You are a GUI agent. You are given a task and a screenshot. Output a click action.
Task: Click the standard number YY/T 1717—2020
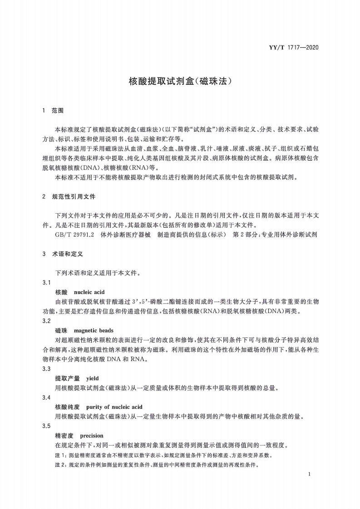[x=296, y=47]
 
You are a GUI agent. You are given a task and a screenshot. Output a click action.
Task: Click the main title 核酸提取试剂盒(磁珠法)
[x=180, y=81]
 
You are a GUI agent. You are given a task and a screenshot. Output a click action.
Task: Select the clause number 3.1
[x=46, y=283]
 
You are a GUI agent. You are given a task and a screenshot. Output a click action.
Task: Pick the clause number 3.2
[x=46, y=321]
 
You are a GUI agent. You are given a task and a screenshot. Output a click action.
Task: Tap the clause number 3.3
[x=46, y=369]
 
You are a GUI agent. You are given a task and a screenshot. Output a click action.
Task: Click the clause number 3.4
[x=46, y=397]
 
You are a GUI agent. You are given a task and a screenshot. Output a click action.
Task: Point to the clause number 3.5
[x=46, y=426]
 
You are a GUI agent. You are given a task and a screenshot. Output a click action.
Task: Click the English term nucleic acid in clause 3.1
[x=89, y=292]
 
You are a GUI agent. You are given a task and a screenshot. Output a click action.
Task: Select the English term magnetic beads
[x=94, y=330]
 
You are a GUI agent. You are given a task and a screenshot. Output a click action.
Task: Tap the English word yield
[x=92, y=378]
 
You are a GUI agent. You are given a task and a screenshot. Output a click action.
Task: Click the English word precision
[x=91, y=436]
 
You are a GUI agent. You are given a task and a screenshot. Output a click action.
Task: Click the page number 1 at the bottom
[x=309, y=474]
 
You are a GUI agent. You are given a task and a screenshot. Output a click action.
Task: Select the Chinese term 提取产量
[x=67, y=378]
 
